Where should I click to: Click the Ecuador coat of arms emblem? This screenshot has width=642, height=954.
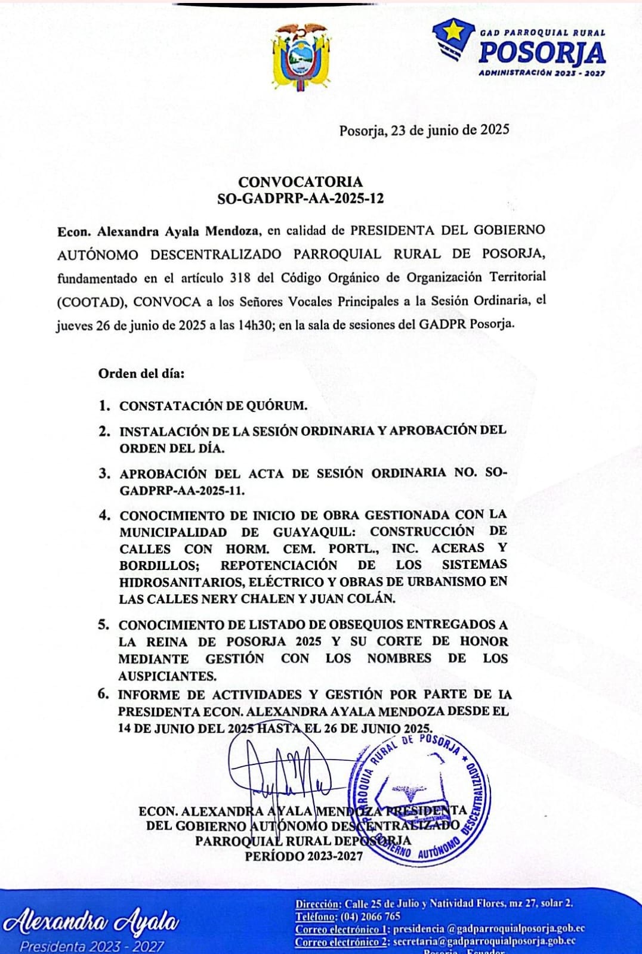(301, 58)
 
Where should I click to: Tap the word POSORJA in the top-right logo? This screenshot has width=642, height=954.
(542, 53)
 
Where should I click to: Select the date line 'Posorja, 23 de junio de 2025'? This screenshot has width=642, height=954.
(424, 130)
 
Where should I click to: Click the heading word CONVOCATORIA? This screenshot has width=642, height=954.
(300, 182)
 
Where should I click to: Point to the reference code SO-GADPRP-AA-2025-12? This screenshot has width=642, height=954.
(300, 199)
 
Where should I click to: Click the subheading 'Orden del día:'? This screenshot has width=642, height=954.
(141, 374)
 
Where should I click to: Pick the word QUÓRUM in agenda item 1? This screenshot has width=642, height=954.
(277, 406)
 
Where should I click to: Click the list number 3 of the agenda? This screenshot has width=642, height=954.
(104, 473)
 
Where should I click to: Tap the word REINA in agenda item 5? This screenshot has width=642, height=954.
(166, 642)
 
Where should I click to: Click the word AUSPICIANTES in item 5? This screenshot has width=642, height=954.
(167, 676)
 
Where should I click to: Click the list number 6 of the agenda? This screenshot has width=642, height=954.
(104, 694)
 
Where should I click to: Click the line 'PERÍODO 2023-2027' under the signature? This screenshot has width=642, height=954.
(303, 856)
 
